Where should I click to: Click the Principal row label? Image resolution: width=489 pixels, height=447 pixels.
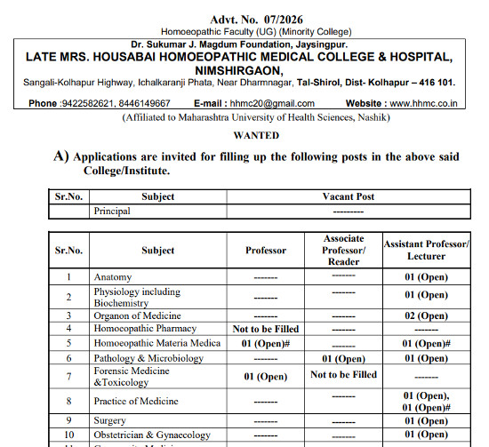pos(112,212)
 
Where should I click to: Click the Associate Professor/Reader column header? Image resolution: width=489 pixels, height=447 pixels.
pos(343,250)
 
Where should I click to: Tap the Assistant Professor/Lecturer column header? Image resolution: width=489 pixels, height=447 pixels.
pos(425,250)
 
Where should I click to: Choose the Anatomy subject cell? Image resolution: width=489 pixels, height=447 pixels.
pos(113,277)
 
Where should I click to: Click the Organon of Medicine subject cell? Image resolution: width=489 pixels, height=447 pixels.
pos(137,315)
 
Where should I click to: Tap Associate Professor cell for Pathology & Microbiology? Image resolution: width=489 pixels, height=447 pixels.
pos(343,358)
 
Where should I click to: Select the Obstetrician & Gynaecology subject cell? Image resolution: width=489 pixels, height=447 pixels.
pos(152,435)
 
